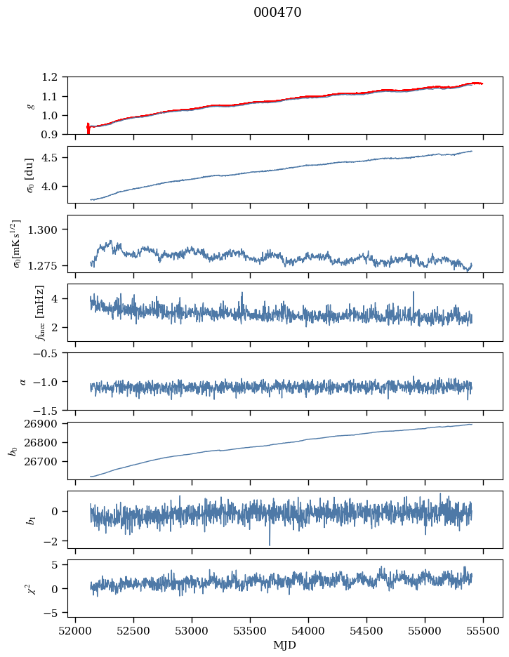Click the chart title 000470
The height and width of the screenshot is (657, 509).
pyautogui.click(x=277, y=13)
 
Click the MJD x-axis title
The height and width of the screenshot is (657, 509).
pyautogui.click(x=285, y=645)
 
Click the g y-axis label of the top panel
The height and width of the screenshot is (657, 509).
pyautogui.click(x=30, y=105)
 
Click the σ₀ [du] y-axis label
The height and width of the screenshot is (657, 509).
pyautogui.click(x=29, y=174)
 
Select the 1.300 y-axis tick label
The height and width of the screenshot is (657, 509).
pyautogui.click(x=48, y=230)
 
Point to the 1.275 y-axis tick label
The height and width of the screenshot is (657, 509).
pyautogui.click(x=48, y=265)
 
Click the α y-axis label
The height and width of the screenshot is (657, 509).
pyautogui.click(x=22, y=381)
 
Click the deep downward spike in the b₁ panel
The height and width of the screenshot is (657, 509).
pyautogui.click(x=270, y=544)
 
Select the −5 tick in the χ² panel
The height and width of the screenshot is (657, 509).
pyautogui.click(x=55, y=613)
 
